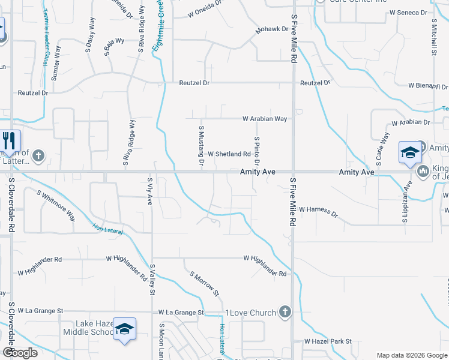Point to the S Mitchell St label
433,36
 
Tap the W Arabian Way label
265,119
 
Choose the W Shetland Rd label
229,154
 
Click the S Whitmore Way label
56,205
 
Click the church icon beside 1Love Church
285,312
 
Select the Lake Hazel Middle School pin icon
124,329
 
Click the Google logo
20,353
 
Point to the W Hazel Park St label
327,341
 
